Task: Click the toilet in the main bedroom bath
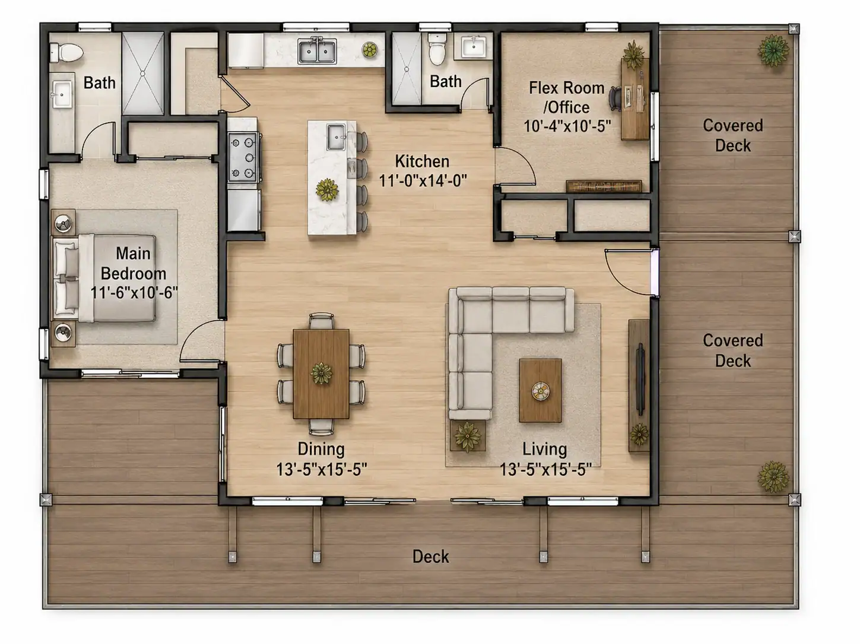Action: point(66,52)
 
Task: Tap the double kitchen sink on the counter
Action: point(317,51)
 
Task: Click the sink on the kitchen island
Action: point(336,137)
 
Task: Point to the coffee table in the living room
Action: point(540,390)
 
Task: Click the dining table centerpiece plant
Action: point(321,373)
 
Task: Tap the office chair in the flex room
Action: point(615,98)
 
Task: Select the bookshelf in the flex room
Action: point(604,186)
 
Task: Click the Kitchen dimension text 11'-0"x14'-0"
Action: point(423,181)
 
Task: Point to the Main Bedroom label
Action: point(134,263)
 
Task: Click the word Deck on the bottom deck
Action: point(430,556)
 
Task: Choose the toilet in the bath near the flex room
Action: point(437,49)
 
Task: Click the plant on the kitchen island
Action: point(327,190)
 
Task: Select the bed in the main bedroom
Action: point(104,278)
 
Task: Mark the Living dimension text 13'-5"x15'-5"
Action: point(545,469)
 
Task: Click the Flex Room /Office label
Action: point(567,97)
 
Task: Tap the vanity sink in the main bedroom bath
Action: point(62,94)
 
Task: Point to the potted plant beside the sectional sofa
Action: point(467,436)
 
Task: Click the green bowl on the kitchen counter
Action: point(370,50)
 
